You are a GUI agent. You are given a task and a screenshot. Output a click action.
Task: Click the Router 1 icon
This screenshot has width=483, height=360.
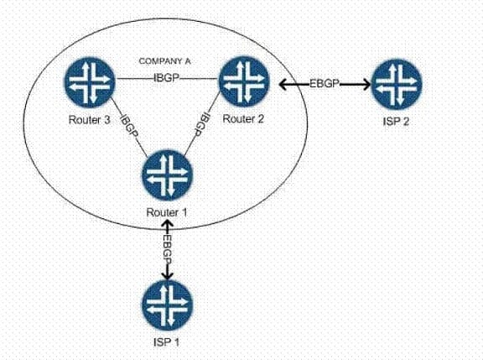(x=167, y=175)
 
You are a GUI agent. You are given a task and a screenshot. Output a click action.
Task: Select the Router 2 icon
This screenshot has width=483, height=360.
(x=244, y=81)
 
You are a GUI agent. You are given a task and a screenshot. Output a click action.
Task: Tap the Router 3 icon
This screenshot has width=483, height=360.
(x=90, y=82)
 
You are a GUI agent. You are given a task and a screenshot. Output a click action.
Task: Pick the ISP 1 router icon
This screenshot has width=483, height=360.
(x=167, y=305)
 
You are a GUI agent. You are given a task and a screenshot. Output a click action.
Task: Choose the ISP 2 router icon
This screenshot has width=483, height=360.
(x=397, y=84)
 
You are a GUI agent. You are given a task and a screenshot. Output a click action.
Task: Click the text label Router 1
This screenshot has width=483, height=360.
(x=167, y=212)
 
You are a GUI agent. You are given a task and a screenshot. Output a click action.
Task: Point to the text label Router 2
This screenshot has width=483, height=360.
(x=243, y=119)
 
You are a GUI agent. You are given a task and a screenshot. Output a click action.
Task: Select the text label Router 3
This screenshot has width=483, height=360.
(x=90, y=120)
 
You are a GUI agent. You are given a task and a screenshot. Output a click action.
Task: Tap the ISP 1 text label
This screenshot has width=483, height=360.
(x=166, y=342)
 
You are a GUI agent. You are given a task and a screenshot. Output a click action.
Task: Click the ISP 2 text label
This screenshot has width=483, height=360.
(x=396, y=122)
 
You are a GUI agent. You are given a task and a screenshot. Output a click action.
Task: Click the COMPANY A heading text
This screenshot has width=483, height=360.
(x=165, y=61)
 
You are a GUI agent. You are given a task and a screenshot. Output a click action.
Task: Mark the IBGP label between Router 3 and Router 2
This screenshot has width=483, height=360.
(x=166, y=78)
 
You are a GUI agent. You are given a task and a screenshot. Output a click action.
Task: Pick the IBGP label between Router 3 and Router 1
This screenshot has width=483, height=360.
(x=129, y=126)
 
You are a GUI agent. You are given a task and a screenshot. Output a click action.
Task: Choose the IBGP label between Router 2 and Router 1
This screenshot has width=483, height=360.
(x=202, y=125)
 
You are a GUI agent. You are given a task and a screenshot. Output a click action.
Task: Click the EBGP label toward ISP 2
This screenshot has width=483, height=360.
(x=324, y=83)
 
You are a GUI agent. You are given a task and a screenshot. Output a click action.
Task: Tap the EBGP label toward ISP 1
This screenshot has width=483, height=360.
(x=167, y=249)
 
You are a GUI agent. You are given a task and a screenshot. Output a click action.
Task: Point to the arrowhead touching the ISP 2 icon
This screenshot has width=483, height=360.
(x=366, y=84)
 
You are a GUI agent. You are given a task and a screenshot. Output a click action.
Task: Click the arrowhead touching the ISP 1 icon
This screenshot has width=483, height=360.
(x=167, y=275)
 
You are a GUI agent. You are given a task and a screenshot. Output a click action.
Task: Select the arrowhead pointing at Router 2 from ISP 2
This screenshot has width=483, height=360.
(x=283, y=84)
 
